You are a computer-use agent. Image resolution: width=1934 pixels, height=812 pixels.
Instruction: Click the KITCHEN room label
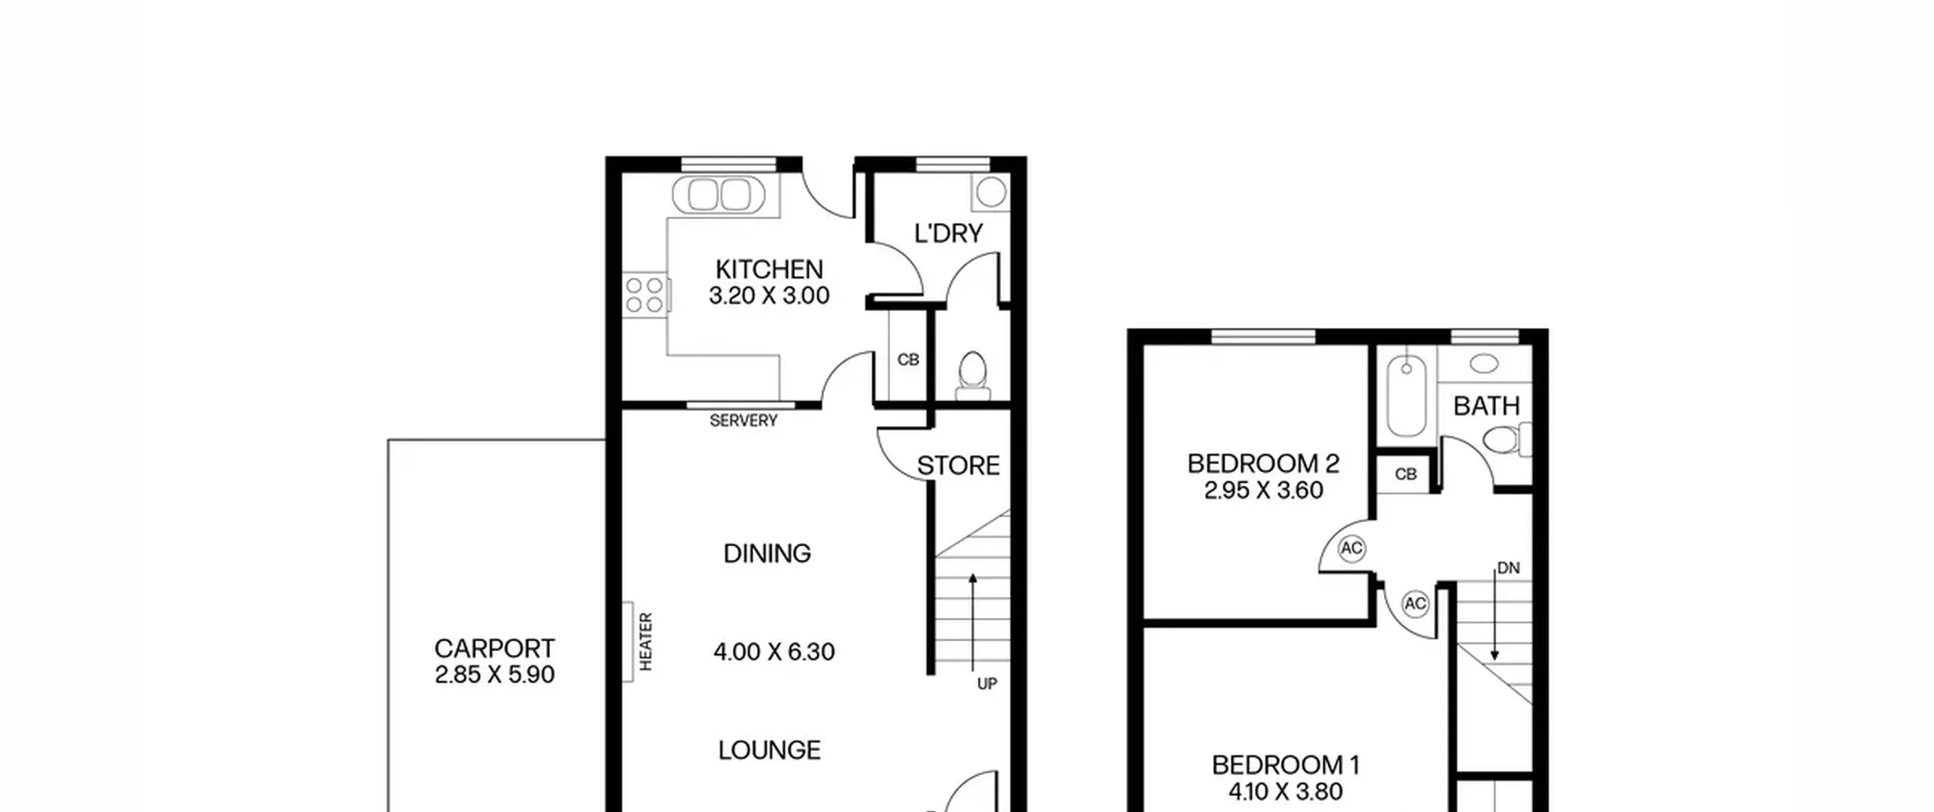point(769,270)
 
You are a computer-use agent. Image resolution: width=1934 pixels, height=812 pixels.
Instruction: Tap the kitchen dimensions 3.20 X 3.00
point(769,296)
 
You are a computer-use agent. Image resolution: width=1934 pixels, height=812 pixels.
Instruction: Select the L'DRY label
point(948,233)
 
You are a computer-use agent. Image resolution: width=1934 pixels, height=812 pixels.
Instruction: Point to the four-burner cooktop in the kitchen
point(644,295)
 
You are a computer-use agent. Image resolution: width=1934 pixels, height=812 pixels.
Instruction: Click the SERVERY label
point(743,421)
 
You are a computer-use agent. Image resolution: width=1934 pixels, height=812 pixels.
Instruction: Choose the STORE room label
point(959,466)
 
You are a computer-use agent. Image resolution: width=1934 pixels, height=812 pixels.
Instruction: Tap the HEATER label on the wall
point(646,641)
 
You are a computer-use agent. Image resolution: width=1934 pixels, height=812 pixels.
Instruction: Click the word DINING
point(767,554)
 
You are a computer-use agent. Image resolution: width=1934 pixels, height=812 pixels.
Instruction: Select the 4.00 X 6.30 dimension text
point(774,652)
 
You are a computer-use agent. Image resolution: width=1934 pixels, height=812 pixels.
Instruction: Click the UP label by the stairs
point(987,684)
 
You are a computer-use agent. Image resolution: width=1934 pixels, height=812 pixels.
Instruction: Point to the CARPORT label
point(494,648)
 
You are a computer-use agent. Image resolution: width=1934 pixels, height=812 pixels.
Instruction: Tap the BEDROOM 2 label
point(1263,463)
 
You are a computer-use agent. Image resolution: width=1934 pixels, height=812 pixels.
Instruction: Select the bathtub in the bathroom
point(1406,397)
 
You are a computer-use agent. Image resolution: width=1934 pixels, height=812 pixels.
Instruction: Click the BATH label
point(1486,406)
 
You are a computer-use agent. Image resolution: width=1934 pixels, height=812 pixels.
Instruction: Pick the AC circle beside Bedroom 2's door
point(1352,548)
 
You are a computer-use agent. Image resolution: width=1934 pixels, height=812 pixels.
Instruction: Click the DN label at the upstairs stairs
point(1508,568)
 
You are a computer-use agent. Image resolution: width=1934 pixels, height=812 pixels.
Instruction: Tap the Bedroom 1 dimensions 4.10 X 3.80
point(1285,792)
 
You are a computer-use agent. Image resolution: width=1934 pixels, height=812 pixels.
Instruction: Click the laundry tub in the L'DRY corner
point(990,193)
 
